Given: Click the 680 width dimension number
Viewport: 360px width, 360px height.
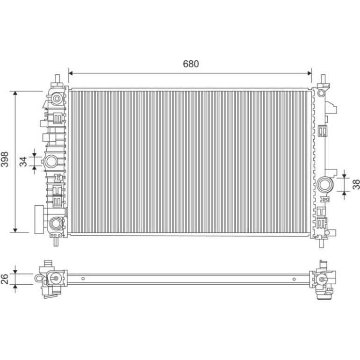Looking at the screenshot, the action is coord(191,64).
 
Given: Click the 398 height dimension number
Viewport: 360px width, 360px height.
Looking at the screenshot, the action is coord(5,159).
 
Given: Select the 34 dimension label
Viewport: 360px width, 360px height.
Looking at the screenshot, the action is coord(23,161).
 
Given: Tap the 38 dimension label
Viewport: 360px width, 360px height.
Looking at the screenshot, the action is coord(356,184).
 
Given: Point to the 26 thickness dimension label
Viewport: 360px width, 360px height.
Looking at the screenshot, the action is coord(5,279).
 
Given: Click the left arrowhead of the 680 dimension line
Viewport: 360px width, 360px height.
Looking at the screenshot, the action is coord(71,73).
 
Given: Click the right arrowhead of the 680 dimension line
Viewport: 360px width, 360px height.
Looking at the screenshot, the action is coord(309,73).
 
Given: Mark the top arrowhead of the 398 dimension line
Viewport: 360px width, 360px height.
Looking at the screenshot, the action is coord(15,93).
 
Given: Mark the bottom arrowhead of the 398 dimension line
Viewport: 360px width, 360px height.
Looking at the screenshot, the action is coord(15,230).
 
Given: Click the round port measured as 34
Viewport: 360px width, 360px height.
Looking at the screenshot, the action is coord(50,161).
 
